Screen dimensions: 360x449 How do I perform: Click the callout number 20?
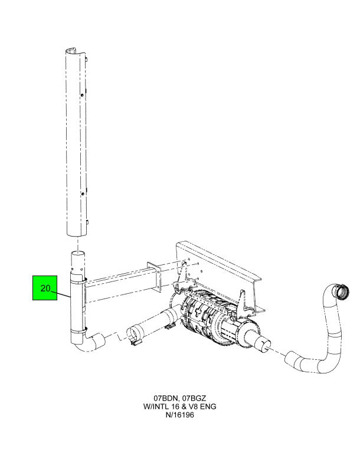[x=45, y=288]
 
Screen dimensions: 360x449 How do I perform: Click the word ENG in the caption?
[x=208, y=407]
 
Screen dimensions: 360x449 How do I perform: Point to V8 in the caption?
[x=193, y=407]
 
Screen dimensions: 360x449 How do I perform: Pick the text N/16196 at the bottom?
[x=180, y=415]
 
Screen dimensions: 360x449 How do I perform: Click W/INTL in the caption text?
[x=155, y=407]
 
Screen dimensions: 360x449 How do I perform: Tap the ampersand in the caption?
[x=184, y=407]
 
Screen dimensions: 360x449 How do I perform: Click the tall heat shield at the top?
[x=77, y=142]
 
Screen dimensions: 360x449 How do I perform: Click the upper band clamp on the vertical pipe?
[x=78, y=279]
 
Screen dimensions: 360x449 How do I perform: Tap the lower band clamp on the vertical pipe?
[x=78, y=330]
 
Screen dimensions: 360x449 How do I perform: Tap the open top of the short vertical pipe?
[x=78, y=253]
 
